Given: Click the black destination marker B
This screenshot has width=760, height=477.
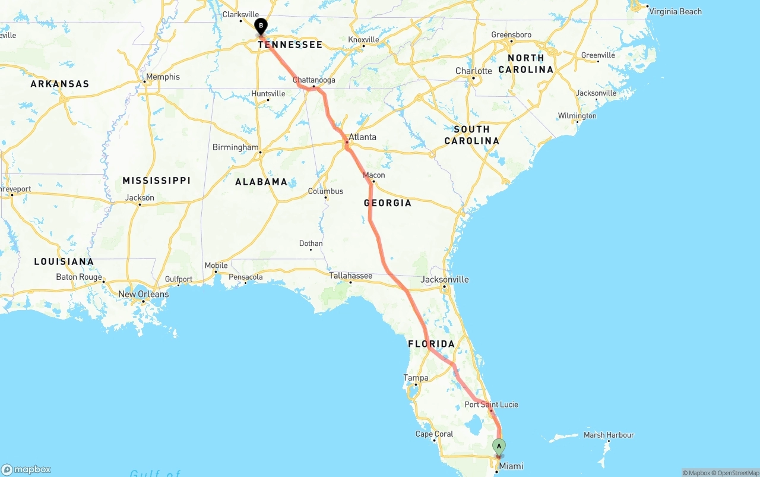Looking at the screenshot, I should pos(261,26).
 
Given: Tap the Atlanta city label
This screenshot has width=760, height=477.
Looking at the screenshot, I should pos(362,137).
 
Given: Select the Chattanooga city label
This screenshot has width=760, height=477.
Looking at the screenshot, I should pos(314,80).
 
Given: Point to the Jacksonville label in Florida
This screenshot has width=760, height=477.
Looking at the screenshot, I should pos(445,279).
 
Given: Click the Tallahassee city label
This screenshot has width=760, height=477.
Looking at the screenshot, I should pos(351,276).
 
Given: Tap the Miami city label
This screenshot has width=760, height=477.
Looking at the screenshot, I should pos(511,466).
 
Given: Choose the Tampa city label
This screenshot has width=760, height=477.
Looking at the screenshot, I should pos(416,378).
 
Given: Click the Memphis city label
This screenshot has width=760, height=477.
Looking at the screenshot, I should pos(163,77).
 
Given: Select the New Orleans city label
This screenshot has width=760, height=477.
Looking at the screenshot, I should pos(144,294).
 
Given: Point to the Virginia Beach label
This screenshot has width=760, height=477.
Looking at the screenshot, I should pos(675,11).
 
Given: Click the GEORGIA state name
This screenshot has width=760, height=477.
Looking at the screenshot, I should pos(388,203).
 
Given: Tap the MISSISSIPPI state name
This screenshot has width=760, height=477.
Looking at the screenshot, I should pos(157,181).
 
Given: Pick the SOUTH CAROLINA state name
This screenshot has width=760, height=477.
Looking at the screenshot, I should pos(472,135).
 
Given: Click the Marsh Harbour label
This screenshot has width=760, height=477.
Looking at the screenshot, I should pos(609,435).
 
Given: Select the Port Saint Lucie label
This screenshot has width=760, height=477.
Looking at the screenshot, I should pos(491,405).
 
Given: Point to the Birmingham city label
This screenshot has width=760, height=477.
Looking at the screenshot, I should pos(236,147).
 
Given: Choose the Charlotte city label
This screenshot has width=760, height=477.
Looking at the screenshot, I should pos(473,71).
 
